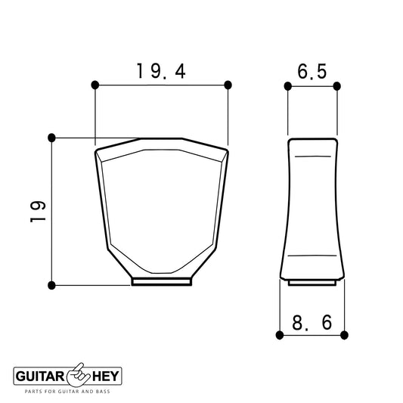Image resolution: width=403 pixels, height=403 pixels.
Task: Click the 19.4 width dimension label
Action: pos(161,71)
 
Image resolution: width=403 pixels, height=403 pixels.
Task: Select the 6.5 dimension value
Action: pos(312,71)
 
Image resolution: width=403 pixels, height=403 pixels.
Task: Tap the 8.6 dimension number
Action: pos(312,323)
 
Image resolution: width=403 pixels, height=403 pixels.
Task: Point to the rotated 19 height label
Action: pos(38,212)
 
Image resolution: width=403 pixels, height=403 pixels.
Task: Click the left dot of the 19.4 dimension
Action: pos(95,85)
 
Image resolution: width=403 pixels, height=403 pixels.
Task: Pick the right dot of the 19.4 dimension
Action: pos(228,85)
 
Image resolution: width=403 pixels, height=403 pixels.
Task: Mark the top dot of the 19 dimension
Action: pos(51,138)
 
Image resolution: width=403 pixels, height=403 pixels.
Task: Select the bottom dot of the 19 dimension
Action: pos(51,285)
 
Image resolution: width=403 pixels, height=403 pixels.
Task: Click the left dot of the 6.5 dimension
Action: pos(288,86)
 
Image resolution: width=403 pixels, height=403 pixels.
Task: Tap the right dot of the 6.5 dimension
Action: pos(337,86)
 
